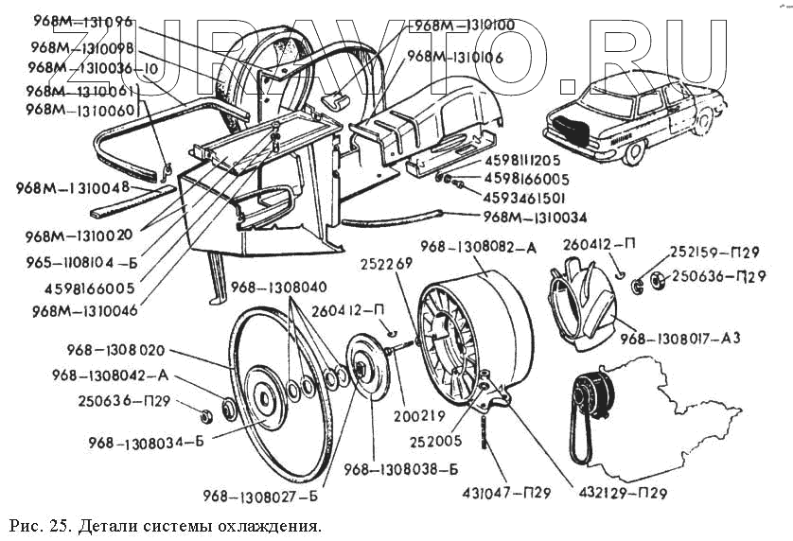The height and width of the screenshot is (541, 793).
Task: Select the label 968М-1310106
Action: coord(455,58)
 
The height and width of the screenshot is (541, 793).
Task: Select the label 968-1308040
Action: coord(279,288)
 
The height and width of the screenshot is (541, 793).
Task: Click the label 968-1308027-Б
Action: coord(258,494)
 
